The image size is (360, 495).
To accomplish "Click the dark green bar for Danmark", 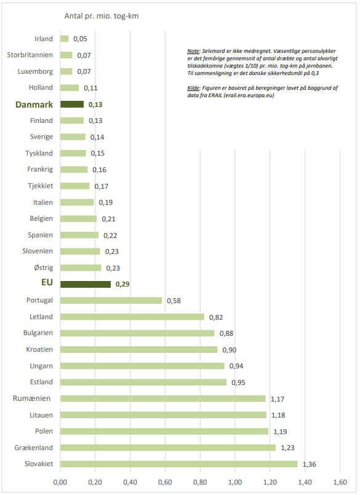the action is click(x=72, y=104).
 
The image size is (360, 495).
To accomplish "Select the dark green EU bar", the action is click(x=86, y=284).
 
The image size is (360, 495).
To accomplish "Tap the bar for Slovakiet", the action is click(x=179, y=464).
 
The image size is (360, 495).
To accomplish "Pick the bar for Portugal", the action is click(x=111, y=301).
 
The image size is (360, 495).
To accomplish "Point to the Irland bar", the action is click(x=65, y=39).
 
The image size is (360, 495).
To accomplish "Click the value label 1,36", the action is click(x=309, y=464).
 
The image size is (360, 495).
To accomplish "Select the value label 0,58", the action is click(x=174, y=301).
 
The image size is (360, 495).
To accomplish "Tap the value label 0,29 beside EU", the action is click(x=122, y=284).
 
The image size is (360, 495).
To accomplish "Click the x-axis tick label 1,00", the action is click(x=235, y=482).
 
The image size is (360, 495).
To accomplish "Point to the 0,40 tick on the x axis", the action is click(x=130, y=482).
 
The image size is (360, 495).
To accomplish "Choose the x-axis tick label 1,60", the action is click(x=340, y=482).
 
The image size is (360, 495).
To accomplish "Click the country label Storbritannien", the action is click(x=30, y=55).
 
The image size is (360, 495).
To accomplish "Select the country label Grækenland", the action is click(x=33, y=448).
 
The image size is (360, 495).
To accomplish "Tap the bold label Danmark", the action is click(x=34, y=105).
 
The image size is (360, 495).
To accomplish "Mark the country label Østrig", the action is click(x=44, y=267).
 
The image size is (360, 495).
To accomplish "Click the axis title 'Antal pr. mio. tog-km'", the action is click(x=102, y=16).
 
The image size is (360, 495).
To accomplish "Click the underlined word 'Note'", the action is click(x=193, y=51).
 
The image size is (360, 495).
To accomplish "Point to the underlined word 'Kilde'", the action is click(x=193, y=88).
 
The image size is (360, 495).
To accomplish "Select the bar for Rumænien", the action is click(x=163, y=398).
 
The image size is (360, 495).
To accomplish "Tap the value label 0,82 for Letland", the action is click(x=216, y=317).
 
